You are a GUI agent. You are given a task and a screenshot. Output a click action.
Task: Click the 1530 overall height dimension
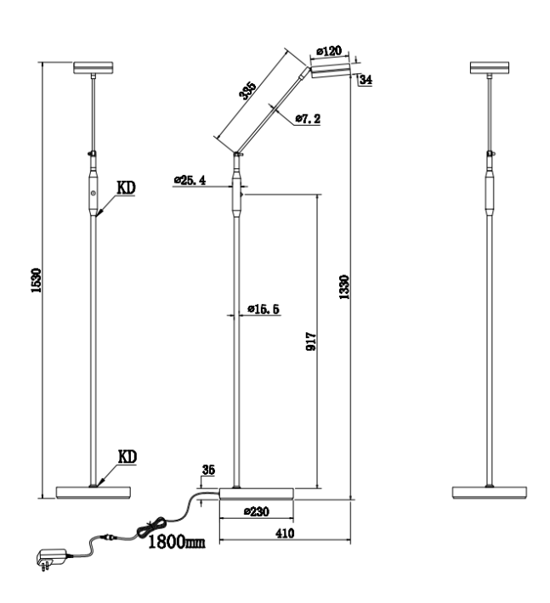coord(37,280)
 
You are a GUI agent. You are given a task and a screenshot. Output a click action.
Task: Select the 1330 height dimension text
coord(343,287)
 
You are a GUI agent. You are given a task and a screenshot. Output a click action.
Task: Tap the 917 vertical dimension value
coord(311,341)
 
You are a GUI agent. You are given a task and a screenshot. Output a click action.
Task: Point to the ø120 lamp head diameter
coord(329,51)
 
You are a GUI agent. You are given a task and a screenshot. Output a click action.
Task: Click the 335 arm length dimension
coord(247,90)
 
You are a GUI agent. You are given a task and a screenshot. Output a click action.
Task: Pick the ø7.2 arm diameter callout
coord(308,119)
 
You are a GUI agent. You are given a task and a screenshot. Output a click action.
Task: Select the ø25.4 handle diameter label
coord(190,180)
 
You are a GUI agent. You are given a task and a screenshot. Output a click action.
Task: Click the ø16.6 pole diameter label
coord(264,309)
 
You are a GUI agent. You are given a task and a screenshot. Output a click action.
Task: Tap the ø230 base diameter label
coord(257,511)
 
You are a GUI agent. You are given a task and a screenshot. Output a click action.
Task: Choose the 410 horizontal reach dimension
coord(285,533)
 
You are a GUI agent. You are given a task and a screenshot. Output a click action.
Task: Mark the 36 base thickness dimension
coord(208,470)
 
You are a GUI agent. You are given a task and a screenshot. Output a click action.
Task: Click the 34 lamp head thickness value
coord(366,80)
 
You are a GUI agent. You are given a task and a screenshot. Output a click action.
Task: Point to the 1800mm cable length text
coord(176,542)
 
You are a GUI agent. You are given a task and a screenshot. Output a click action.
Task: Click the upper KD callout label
coord(127,188)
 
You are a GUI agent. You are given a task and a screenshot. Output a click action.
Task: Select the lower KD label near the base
coord(127,457)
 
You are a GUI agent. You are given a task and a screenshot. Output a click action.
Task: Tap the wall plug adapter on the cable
coord(51,558)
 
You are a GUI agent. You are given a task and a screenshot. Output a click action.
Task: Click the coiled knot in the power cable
coord(151,526)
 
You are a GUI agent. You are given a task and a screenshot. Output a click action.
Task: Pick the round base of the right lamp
coord(489,493)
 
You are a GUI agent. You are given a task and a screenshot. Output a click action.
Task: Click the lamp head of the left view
coord(94,67)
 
